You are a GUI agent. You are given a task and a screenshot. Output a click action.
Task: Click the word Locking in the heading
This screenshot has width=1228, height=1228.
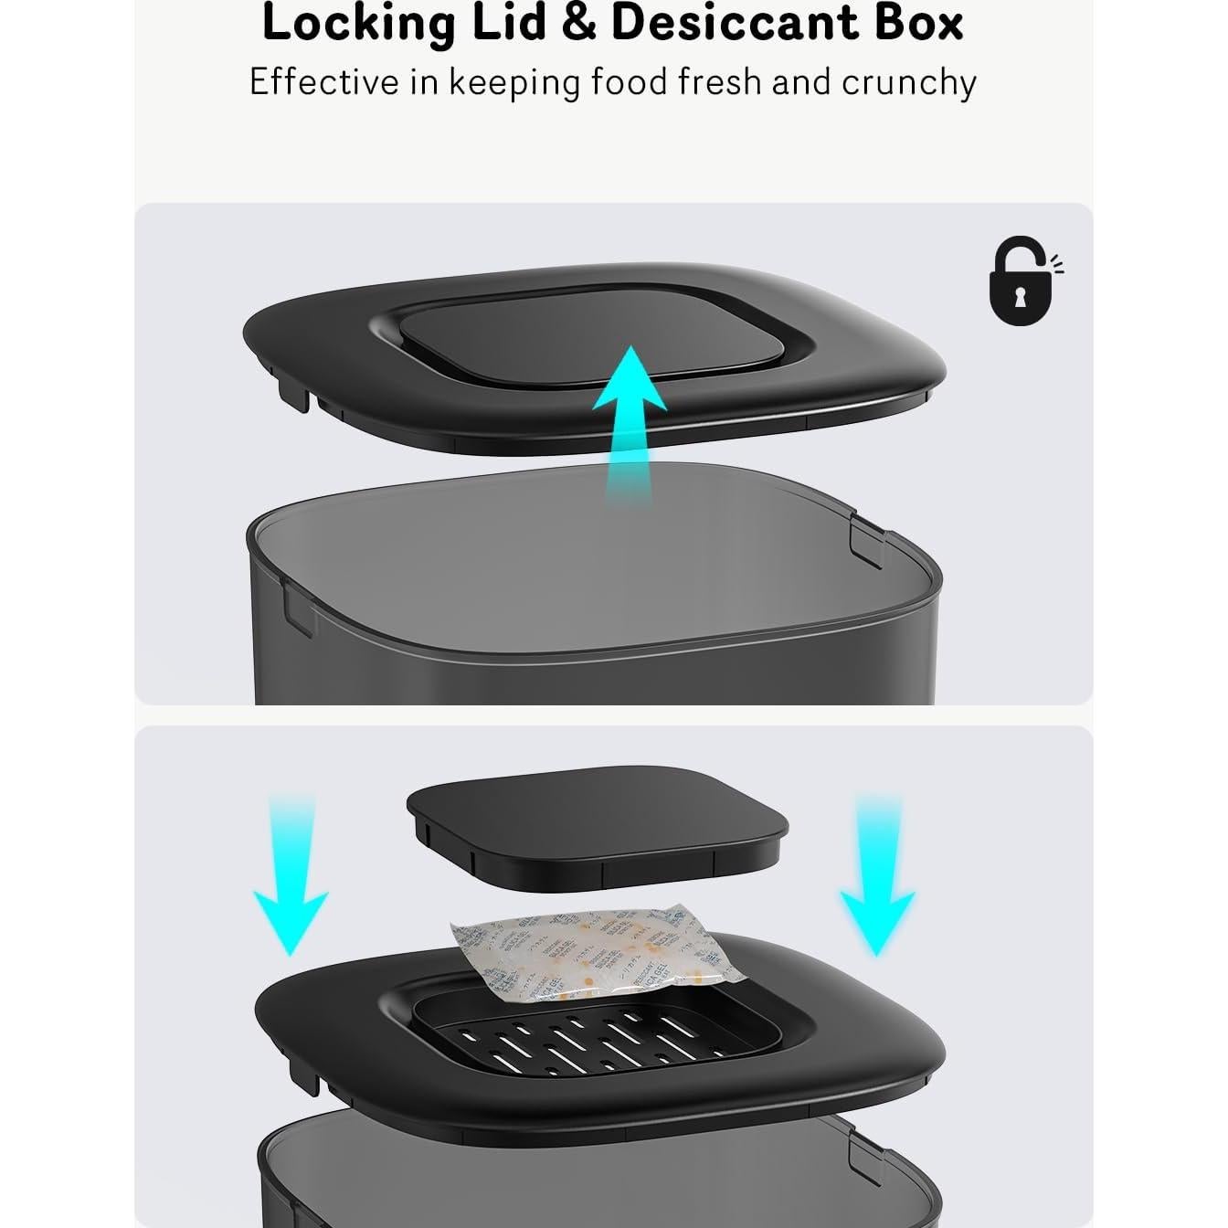pyautogui.click(x=357, y=24)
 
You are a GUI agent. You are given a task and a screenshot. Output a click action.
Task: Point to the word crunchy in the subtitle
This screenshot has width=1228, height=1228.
pyautogui.click(x=908, y=82)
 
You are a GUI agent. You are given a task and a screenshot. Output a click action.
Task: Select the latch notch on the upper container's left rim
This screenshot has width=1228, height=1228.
pyautogui.click(x=298, y=608)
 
